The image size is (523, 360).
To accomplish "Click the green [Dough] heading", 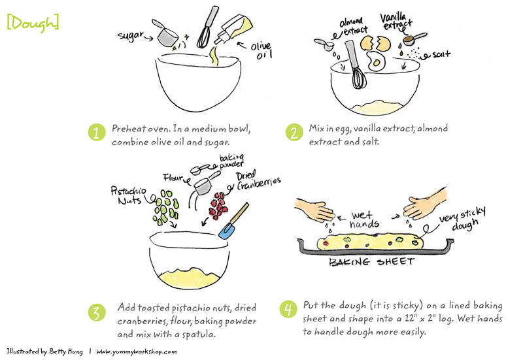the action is coord(33,23).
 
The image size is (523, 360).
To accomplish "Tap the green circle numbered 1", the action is coord(97,133).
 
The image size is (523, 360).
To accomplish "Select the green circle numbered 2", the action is coord(294,133).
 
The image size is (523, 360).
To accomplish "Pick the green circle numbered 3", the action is coord(97,313).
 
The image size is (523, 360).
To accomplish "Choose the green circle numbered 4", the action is coord(288,309).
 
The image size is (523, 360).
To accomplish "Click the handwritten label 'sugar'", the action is coord(130,35).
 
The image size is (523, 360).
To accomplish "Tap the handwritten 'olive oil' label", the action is coord(262,50).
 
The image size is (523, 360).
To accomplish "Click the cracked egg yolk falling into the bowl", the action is coord(377,62).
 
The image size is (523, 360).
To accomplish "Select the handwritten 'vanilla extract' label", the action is coord(396,22).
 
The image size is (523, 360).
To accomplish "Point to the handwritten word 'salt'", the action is coord(441,54).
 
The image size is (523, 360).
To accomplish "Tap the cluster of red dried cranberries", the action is coord(218,206).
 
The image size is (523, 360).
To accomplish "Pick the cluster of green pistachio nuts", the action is coord(166,207).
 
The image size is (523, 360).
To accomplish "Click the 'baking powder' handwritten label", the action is coord(231,161).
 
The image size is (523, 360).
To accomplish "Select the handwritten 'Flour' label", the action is coord(173,177).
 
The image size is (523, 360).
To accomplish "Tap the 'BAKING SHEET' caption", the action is coord(371,262).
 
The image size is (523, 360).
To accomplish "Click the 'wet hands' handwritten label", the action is coord(364,220).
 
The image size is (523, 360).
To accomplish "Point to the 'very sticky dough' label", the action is coord(462,219).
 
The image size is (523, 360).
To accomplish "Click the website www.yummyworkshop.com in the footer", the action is coord(137,352).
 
